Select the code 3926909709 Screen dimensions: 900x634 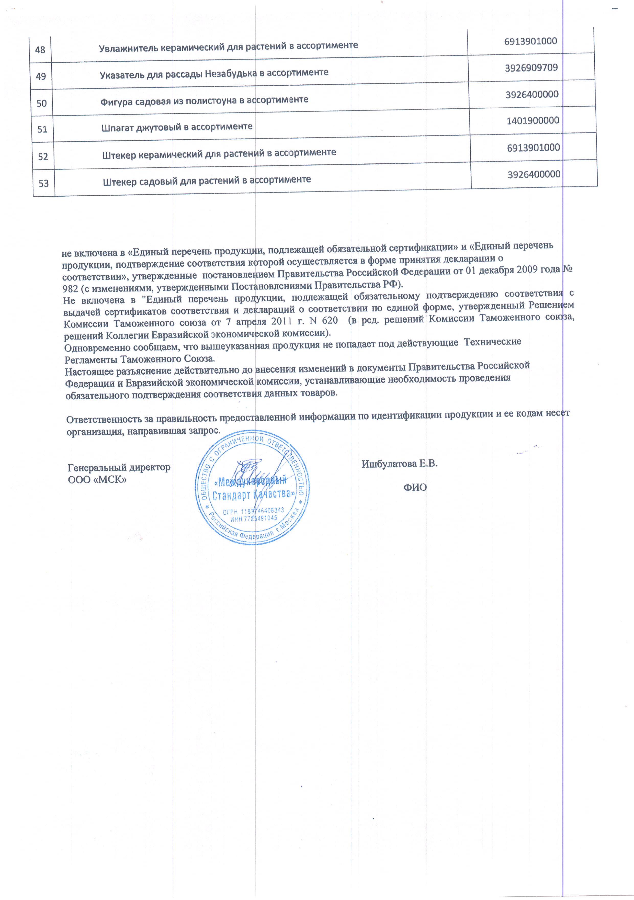click(x=531, y=68)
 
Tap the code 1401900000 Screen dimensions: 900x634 click(x=533, y=121)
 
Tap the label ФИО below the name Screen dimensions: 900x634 click(x=415, y=488)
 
